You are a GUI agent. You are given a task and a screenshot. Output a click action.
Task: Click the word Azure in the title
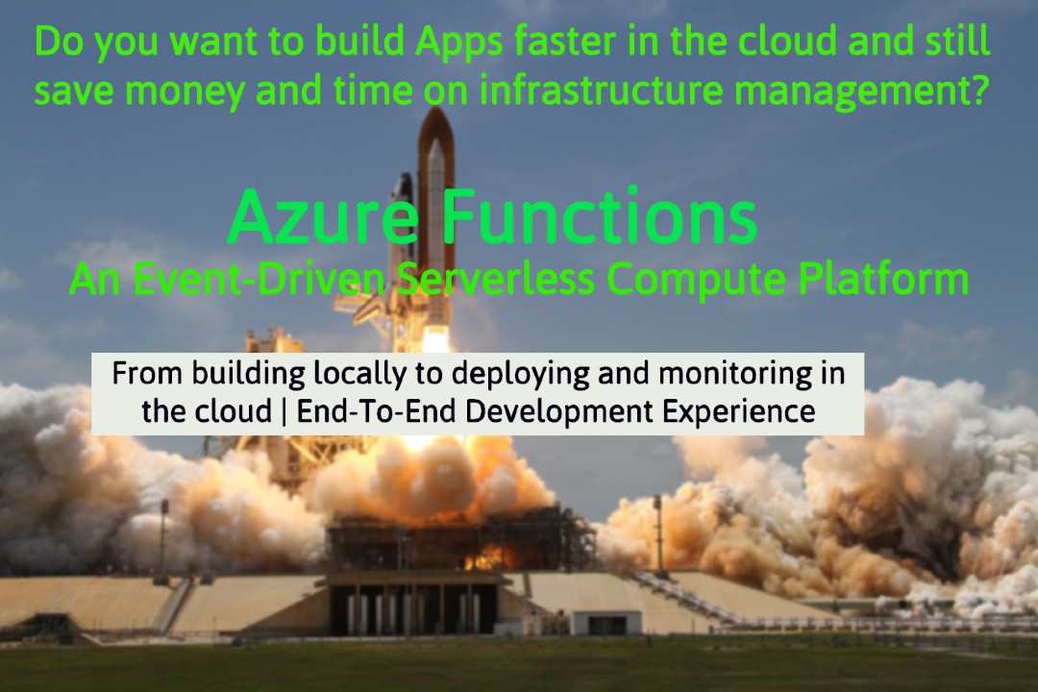[x=324, y=217]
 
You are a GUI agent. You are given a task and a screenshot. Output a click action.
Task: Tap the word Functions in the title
[x=600, y=216]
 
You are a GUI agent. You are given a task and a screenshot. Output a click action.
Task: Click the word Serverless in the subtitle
[x=497, y=279]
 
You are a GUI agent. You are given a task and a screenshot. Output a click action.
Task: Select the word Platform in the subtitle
[x=884, y=279]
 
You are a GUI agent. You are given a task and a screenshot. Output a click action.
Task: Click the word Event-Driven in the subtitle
[x=259, y=279]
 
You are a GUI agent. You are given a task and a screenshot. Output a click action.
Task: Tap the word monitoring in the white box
[x=735, y=375]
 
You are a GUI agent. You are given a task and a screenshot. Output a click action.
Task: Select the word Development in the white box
[x=559, y=412]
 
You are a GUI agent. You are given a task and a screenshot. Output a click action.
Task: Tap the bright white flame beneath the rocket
[x=435, y=339]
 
